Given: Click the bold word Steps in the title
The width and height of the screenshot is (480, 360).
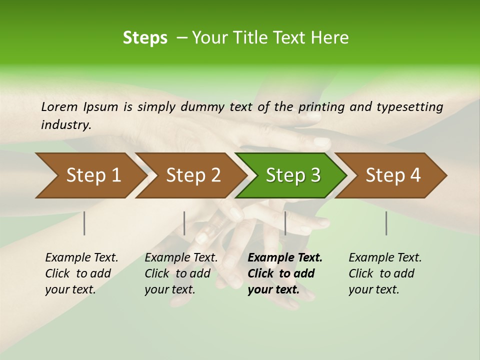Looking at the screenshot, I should tap(145, 38).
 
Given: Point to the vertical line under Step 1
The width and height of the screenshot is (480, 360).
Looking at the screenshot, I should tap(84, 223).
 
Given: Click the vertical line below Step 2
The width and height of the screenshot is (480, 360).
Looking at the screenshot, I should tap(184, 223).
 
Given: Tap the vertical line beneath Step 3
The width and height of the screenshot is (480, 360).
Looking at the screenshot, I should tap(285, 223).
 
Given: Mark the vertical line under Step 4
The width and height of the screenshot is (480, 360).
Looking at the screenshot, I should tap(386, 223).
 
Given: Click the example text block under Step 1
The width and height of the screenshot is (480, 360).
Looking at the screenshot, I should tap(81, 273).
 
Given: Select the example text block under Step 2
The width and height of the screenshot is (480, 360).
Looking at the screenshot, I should tap(181, 273).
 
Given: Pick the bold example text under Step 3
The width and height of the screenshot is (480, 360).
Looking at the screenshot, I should tap(285, 273).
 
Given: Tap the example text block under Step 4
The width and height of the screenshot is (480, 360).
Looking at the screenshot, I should tap(385, 273).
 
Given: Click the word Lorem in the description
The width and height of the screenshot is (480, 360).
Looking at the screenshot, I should tap(59, 107).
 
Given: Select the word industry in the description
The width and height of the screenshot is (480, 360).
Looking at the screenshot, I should tap(65, 125).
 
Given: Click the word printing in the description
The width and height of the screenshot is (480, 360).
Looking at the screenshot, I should tap(321, 107).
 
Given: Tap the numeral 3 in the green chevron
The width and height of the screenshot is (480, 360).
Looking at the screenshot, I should tap(314, 175).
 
